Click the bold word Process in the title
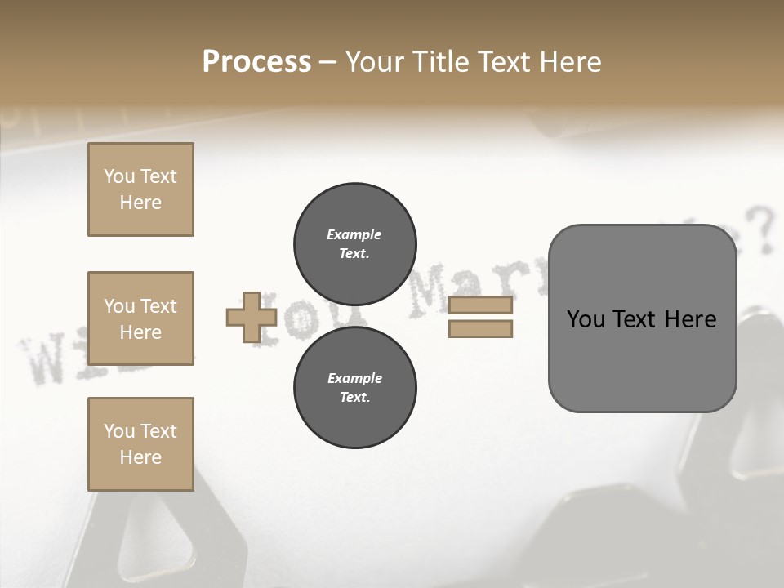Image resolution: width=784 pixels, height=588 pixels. pyautogui.click(x=256, y=62)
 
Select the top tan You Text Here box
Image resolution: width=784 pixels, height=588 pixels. pyautogui.click(x=140, y=189)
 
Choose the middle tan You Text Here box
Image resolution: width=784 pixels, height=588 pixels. pyautogui.click(x=140, y=318)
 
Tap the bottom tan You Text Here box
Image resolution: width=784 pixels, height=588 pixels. pyautogui.click(x=140, y=444)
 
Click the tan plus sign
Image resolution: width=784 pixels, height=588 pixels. pyautogui.click(x=251, y=318)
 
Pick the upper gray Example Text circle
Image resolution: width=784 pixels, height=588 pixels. pyautogui.click(x=355, y=244)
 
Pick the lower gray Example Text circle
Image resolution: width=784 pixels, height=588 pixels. pyautogui.click(x=355, y=388)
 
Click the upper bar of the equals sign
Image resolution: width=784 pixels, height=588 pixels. pyautogui.click(x=480, y=305)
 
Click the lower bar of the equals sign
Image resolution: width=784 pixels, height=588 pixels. pyautogui.click(x=480, y=328)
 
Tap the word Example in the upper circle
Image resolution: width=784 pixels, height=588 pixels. pyautogui.click(x=354, y=234)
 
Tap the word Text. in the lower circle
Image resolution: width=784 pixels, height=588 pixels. pyautogui.click(x=354, y=398)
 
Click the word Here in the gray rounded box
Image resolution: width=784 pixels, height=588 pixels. pyautogui.click(x=690, y=319)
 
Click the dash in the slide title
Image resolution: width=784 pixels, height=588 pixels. pyautogui.click(x=327, y=63)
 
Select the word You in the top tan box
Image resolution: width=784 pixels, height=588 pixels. pyautogui.click(x=119, y=176)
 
